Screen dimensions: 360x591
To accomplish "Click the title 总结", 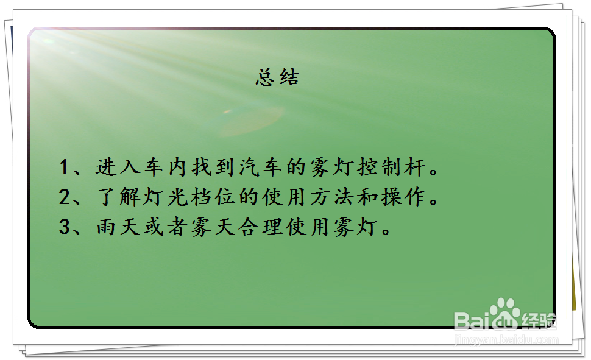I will [278, 78].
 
